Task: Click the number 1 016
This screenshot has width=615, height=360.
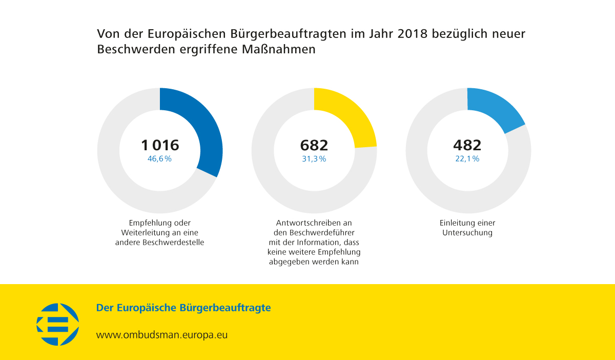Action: (x=159, y=145)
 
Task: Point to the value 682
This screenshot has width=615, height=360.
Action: (x=314, y=145)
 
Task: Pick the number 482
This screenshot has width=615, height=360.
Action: (x=467, y=145)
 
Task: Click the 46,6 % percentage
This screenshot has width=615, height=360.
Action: (x=159, y=159)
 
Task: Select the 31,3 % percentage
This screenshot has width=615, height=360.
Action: (x=314, y=159)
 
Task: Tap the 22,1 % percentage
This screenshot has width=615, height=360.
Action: (x=467, y=159)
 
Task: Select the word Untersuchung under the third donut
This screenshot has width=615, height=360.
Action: (x=467, y=233)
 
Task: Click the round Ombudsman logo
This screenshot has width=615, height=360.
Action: (x=57, y=324)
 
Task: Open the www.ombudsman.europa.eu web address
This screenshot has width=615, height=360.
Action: (x=162, y=335)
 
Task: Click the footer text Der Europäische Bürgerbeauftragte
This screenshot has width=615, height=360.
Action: (x=183, y=308)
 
